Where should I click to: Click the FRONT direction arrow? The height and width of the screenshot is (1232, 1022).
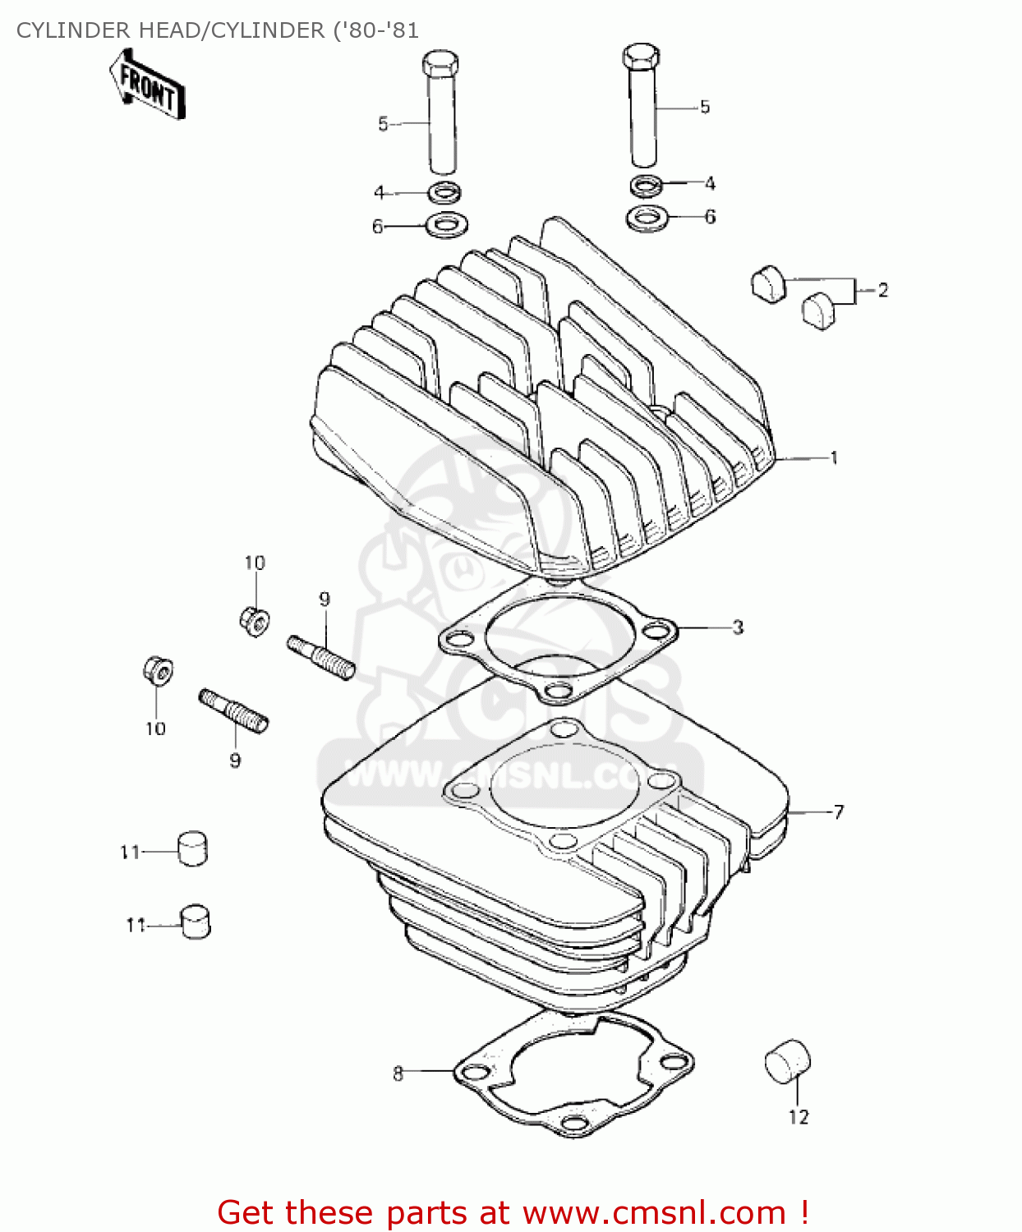(147, 85)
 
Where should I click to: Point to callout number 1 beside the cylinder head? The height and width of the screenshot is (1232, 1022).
(834, 457)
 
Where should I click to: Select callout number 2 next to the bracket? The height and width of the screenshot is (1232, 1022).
(882, 290)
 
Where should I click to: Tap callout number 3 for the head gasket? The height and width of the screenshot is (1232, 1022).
(738, 627)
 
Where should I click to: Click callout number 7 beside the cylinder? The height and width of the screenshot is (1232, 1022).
(838, 811)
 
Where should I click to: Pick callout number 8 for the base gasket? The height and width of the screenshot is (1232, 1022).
(398, 1073)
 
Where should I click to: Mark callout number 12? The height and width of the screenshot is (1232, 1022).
(799, 1117)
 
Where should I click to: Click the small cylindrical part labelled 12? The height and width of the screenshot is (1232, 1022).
(787, 1062)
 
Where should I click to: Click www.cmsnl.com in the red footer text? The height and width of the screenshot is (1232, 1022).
(654, 1212)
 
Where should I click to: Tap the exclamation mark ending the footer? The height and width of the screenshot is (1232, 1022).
(803, 1212)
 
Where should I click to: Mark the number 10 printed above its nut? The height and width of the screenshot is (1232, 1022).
(255, 563)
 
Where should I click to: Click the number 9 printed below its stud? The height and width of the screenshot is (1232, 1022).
(235, 761)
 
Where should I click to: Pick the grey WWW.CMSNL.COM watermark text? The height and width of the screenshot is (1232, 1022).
(509, 774)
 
